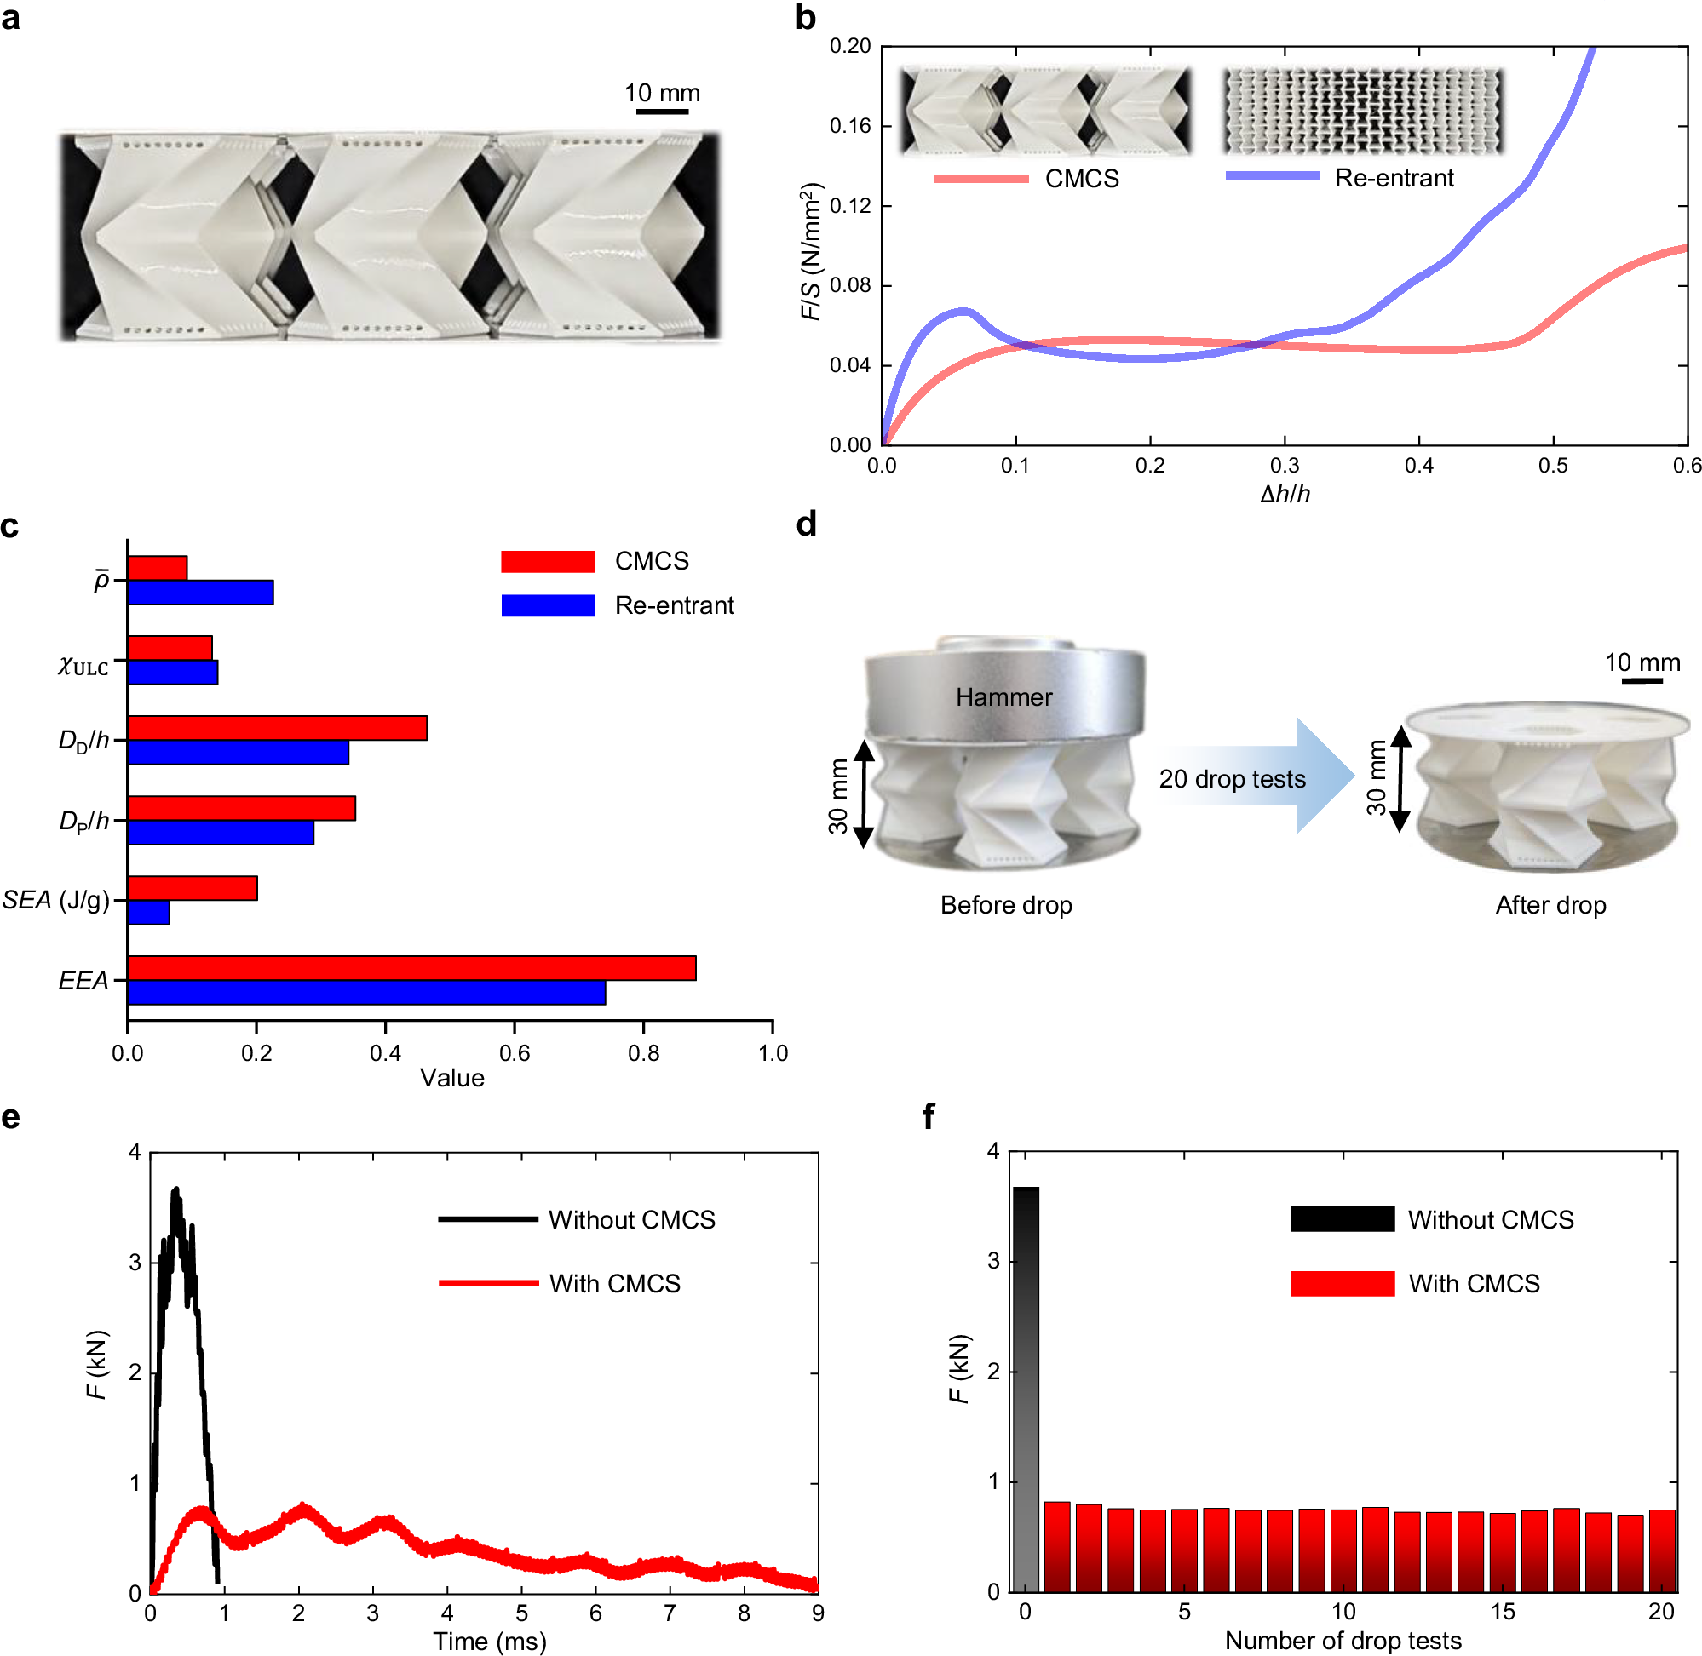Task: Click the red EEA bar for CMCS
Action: coord(411,968)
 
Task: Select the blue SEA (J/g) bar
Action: coord(148,913)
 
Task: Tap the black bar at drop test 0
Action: coord(1026,1389)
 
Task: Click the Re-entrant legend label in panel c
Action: coord(675,605)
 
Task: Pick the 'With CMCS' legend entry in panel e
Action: coord(614,1284)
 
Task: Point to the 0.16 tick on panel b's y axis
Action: coord(849,126)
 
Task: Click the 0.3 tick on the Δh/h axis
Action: coord(1285,466)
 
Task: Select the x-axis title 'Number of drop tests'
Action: coord(1343,1641)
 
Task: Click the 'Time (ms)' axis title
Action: coord(489,1642)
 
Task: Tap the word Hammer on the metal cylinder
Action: coord(1003,697)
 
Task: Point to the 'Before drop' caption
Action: coord(1006,905)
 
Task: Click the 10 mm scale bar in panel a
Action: coord(662,111)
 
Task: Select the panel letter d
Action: coord(807,524)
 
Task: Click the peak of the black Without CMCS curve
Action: coord(175,1189)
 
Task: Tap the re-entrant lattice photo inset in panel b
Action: coord(1363,111)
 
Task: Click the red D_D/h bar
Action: coord(277,728)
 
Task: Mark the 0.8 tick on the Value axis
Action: coord(643,1053)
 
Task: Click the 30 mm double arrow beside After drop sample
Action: coord(1400,778)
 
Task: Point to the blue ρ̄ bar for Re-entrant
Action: coord(200,593)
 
